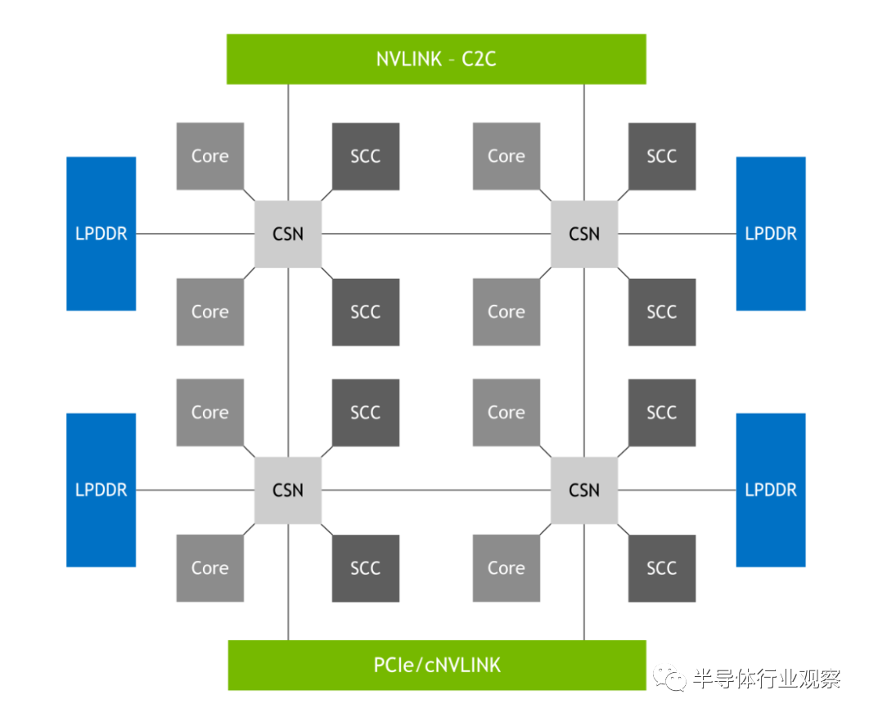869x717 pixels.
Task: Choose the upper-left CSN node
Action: (288, 234)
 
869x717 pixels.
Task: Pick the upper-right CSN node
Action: (584, 234)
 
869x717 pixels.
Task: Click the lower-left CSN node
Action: (288, 490)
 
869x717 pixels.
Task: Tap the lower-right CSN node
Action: (584, 490)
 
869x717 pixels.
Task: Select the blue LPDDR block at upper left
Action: (101, 234)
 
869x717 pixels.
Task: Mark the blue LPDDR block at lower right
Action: (771, 490)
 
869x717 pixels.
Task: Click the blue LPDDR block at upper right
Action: (771, 234)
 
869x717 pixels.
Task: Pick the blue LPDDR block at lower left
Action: (101, 490)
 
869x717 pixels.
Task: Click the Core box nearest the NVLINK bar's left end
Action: (210, 156)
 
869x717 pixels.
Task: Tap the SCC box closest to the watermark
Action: (662, 568)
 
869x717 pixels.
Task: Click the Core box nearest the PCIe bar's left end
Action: (210, 568)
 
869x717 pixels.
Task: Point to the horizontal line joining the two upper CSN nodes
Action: (436, 234)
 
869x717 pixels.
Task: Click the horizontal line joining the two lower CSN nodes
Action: (436, 490)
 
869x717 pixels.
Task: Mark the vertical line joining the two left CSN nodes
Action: (288, 361)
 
